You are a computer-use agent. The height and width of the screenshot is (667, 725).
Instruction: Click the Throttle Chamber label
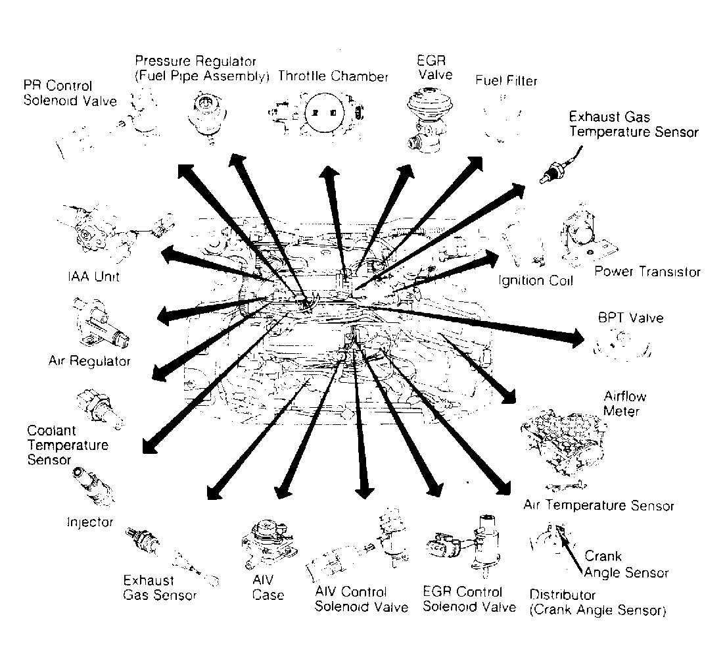333,76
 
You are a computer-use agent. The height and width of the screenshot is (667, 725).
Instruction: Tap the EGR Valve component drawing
428,120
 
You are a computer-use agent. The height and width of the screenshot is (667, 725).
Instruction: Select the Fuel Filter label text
506,80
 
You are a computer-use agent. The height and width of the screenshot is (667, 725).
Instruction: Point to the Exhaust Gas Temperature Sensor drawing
561,166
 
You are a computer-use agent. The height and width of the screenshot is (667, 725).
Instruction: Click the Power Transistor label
647,272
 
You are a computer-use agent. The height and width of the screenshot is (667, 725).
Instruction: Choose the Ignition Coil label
536,280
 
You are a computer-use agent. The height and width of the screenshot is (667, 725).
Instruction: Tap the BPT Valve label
630,318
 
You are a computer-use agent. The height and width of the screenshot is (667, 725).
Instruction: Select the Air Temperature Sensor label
599,505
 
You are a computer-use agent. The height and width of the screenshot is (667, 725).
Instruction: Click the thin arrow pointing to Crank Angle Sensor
570,551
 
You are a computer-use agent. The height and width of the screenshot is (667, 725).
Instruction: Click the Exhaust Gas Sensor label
160,588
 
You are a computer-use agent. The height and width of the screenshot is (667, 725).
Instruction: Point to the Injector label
90,522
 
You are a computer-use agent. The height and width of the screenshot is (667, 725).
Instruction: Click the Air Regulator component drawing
101,324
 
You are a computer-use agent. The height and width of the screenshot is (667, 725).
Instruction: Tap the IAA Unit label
93,277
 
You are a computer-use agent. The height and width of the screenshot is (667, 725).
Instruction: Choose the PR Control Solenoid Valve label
70,93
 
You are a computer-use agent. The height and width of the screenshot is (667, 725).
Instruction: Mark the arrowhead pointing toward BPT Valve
577,338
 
